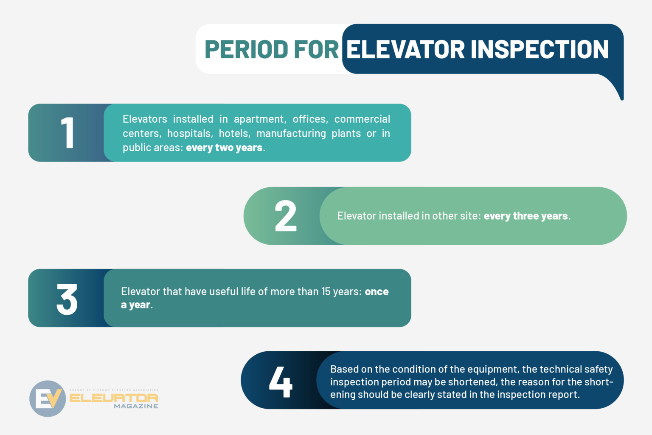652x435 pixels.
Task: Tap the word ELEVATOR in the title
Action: (405, 50)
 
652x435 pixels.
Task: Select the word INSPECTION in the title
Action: (540, 50)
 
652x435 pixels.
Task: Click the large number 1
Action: (67, 133)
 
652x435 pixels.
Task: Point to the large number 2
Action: (285, 216)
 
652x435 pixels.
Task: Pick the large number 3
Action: (67, 299)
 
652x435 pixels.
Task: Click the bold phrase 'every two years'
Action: (224, 148)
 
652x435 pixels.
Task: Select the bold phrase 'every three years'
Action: (526, 216)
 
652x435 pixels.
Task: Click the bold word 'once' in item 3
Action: (377, 292)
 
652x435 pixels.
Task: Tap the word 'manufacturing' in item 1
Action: (291, 133)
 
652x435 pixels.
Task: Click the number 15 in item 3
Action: (326, 292)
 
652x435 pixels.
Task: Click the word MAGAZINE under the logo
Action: (136, 407)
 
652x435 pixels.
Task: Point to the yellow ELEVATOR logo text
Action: (114, 398)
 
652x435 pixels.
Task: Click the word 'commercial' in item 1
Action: (362, 119)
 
